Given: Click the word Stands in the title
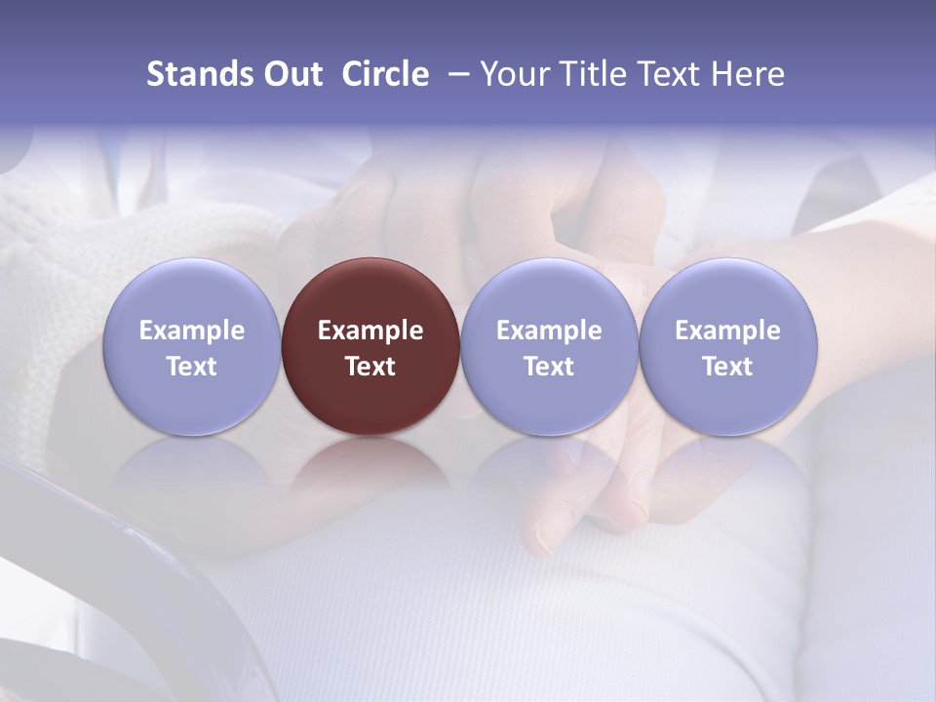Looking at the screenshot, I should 199,74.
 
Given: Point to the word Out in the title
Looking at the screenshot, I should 292,74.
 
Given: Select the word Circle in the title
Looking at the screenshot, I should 385,74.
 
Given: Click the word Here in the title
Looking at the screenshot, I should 748,74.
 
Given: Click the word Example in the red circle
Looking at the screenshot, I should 370,331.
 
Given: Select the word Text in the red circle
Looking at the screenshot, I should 370,367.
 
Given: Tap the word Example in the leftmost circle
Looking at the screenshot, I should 192,331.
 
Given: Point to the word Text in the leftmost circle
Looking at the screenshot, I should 192,367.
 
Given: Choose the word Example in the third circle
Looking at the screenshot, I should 549,331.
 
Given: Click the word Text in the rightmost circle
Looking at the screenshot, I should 727,367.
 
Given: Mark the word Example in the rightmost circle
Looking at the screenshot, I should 727,331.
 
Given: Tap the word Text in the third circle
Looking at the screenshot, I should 549,367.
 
